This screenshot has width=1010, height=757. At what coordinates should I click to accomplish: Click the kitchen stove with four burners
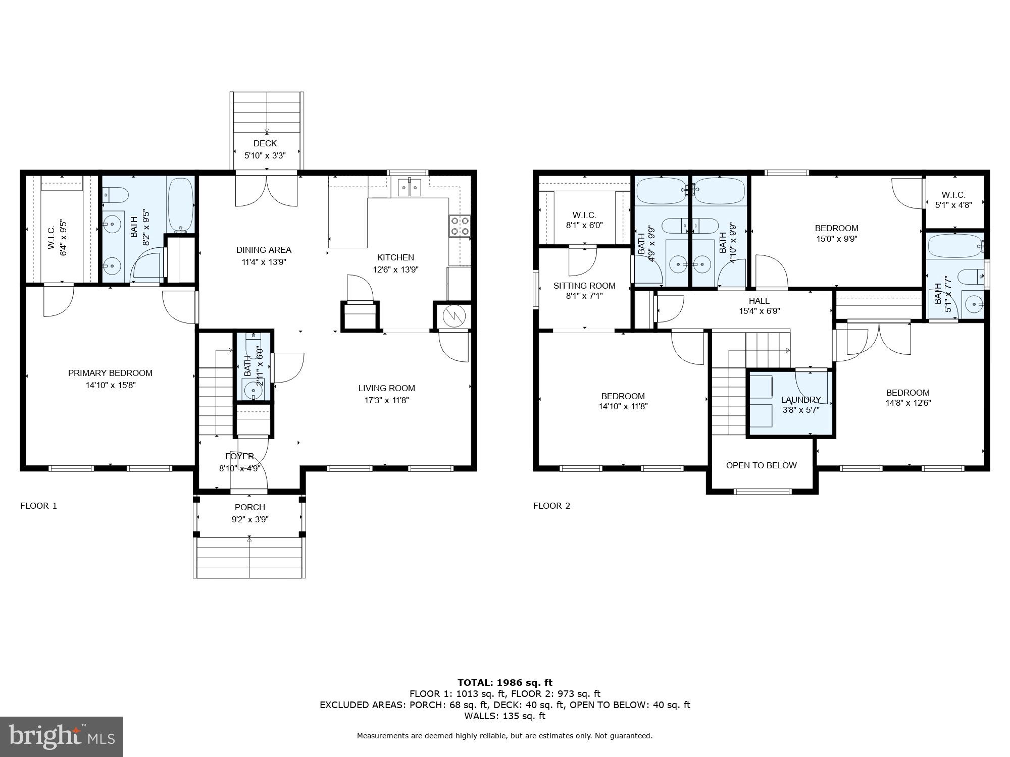tap(460, 226)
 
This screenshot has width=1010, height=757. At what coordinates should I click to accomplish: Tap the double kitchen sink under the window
tap(410, 188)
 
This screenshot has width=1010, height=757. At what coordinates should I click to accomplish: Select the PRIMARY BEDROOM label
tap(110, 373)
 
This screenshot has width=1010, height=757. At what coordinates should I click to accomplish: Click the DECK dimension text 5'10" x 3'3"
tap(265, 155)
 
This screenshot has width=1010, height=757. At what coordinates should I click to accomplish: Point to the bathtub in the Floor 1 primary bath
tap(180, 204)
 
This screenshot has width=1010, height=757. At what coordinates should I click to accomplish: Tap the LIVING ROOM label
tap(386, 388)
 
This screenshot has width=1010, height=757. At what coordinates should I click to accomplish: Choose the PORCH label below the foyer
tap(249, 507)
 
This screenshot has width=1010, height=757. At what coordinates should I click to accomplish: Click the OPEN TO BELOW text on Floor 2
tap(761, 465)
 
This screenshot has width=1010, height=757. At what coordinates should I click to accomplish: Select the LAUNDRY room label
tap(800, 400)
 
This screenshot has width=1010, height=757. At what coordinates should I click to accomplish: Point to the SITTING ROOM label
tap(584, 286)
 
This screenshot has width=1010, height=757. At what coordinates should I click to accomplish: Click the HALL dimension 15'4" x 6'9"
tap(759, 311)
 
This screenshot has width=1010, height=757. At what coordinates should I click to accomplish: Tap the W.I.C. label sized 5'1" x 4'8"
tap(953, 195)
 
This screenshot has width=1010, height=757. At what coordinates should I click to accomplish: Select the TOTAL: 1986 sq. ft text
tap(505, 683)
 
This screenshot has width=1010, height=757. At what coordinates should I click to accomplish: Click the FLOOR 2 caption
tap(551, 506)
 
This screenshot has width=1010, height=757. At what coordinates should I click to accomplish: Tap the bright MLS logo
tap(62, 737)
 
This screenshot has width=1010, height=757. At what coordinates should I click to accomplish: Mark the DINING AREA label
tap(264, 250)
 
